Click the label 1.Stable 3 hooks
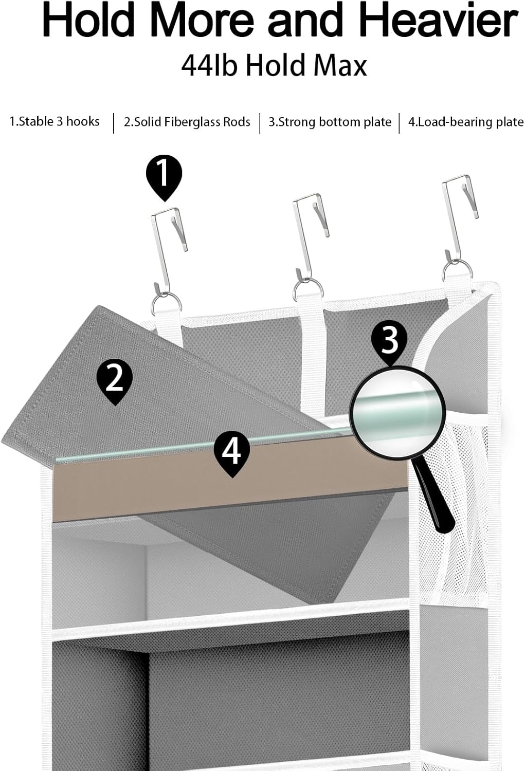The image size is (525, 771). pyautogui.click(x=55, y=122)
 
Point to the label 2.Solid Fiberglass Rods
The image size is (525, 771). pyautogui.click(x=187, y=122)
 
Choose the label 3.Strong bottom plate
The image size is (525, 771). pyautogui.click(x=330, y=122)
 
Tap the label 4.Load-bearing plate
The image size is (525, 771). pyautogui.click(x=465, y=122)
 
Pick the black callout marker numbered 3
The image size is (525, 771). pyautogui.click(x=390, y=340)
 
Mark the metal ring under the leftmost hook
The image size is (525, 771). pyautogui.click(x=166, y=303)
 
